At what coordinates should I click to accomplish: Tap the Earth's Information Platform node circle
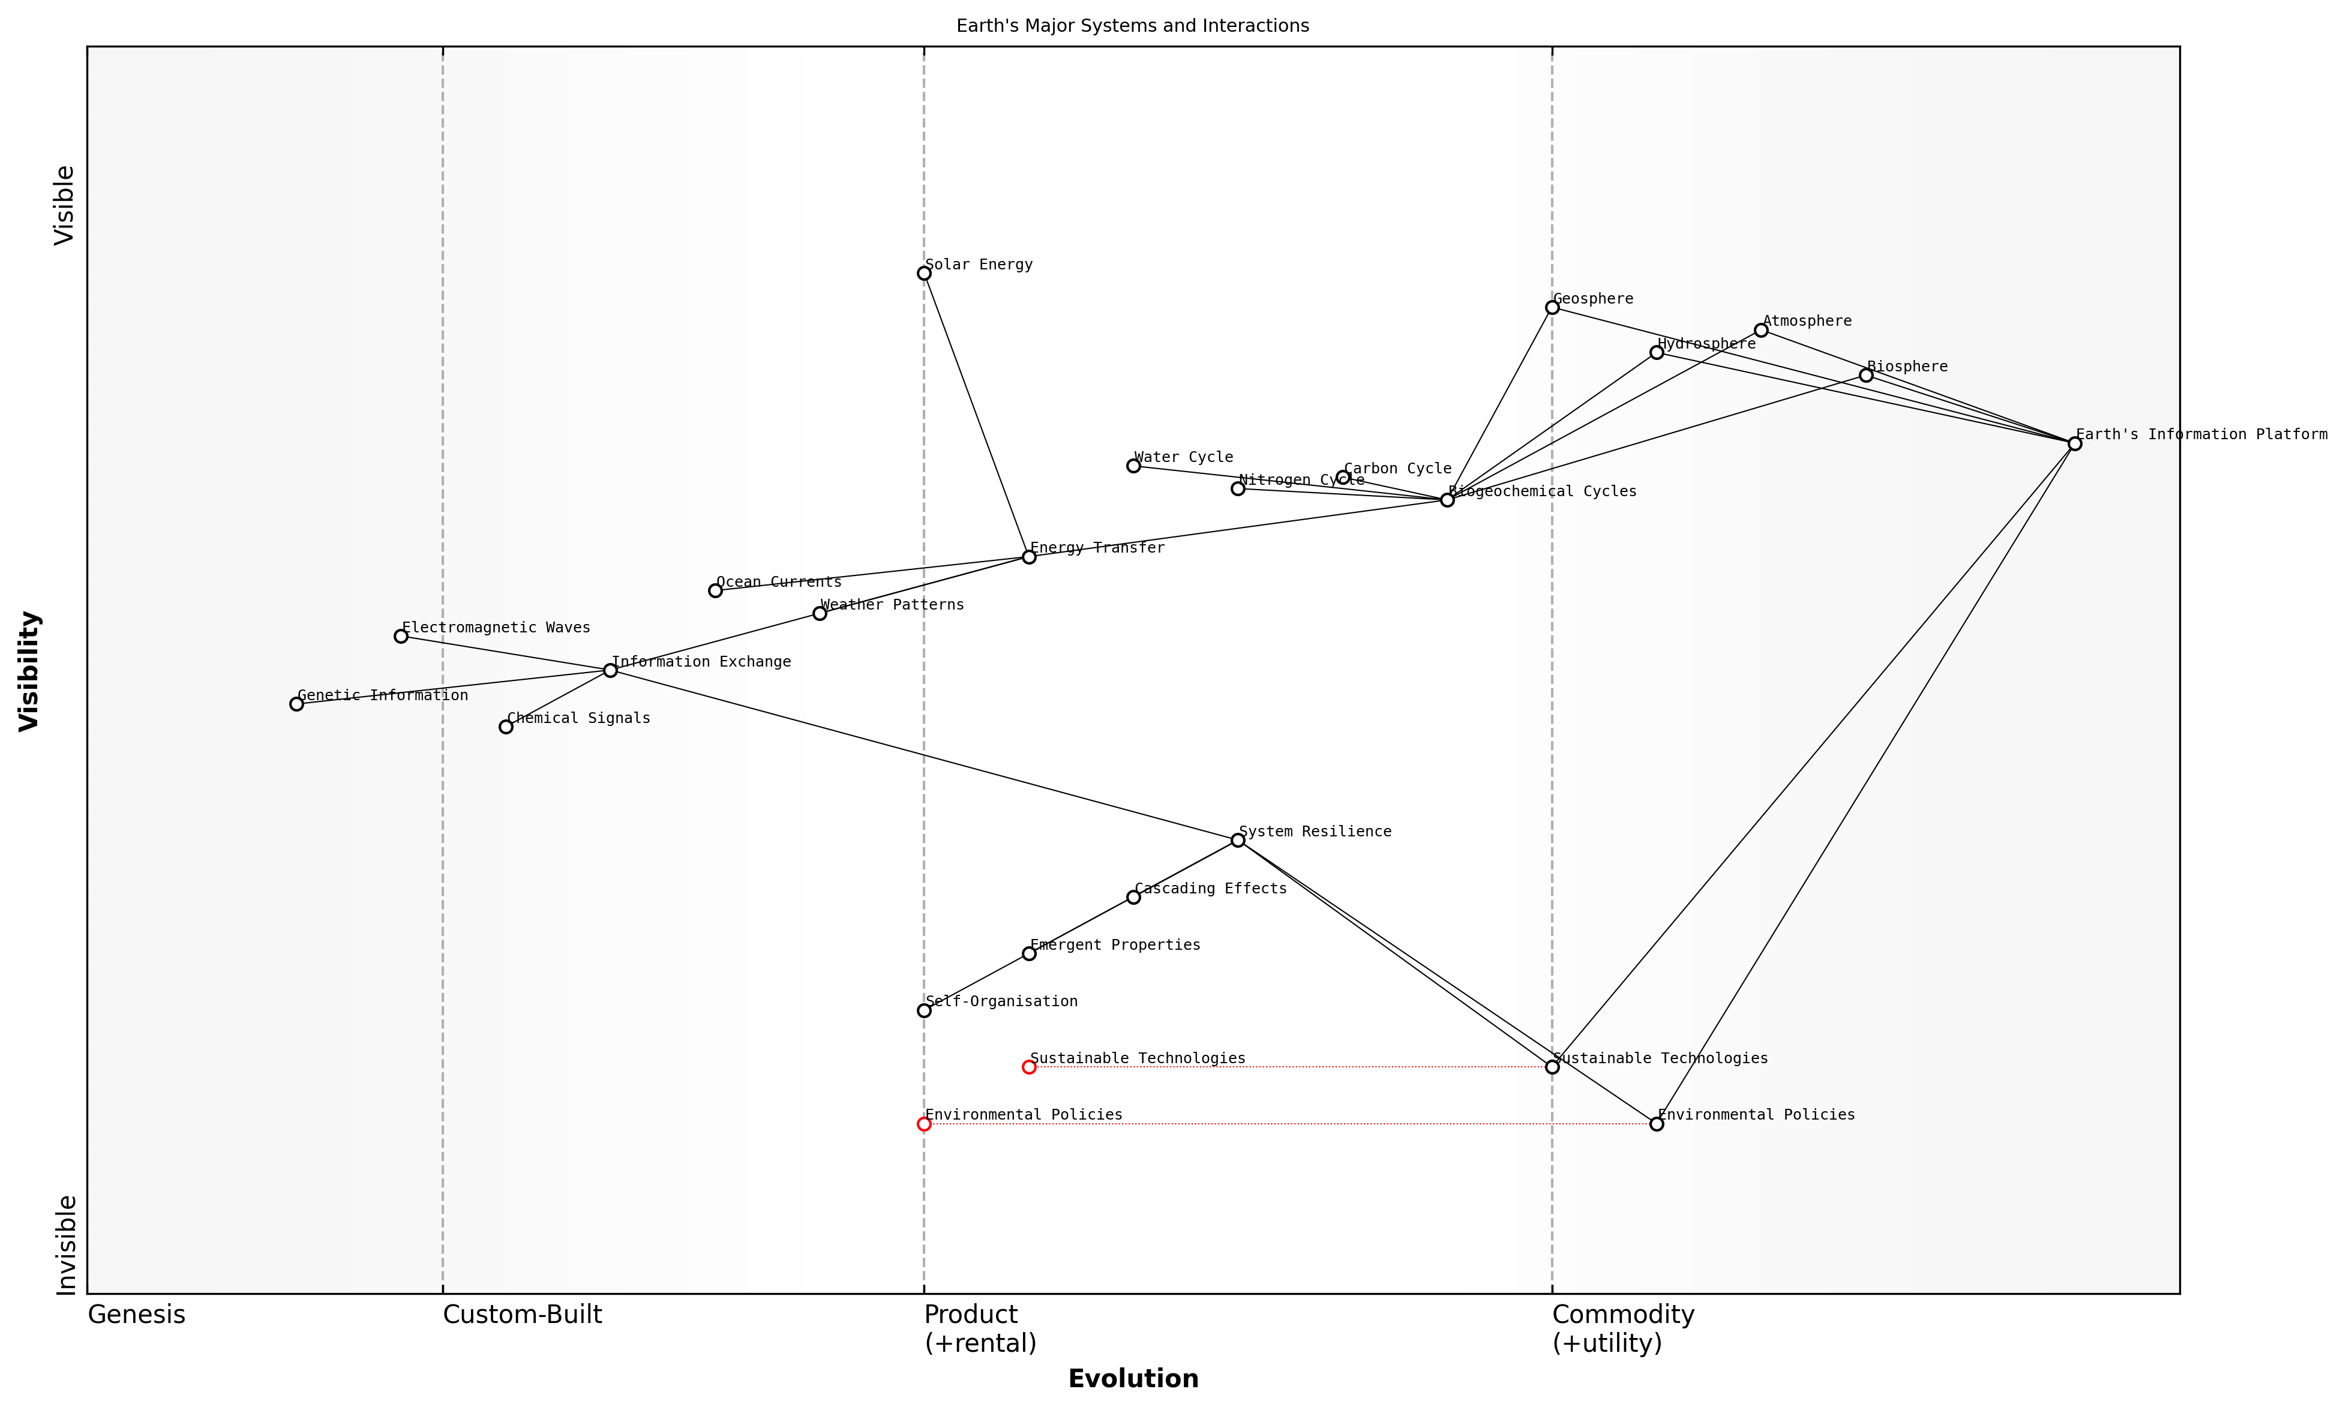click(2074, 444)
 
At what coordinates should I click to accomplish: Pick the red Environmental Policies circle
click(923, 1124)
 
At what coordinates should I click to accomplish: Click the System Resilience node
click(1238, 840)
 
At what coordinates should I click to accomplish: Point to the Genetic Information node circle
click(296, 704)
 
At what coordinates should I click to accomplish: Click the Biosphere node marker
click(1866, 376)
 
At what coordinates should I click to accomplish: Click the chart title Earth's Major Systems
click(1133, 26)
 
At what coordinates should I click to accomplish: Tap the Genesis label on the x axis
click(136, 1315)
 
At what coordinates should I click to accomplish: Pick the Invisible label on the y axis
click(65, 1244)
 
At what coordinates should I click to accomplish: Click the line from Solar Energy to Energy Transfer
click(976, 414)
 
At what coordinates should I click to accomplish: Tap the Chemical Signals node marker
click(505, 727)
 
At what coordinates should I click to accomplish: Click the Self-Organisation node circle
click(923, 1010)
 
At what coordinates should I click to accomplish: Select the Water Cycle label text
click(1183, 458)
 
